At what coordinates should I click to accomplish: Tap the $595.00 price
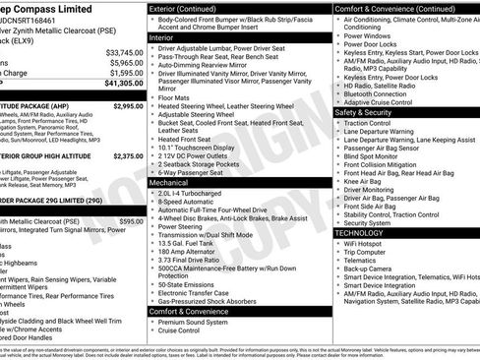click(131, 221)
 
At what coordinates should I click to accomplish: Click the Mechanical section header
click(173, 182)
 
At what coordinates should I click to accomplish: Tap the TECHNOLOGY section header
click(359, 232)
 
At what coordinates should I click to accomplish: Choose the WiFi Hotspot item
click(366, 243)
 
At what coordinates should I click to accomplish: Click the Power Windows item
click(369, 35)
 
